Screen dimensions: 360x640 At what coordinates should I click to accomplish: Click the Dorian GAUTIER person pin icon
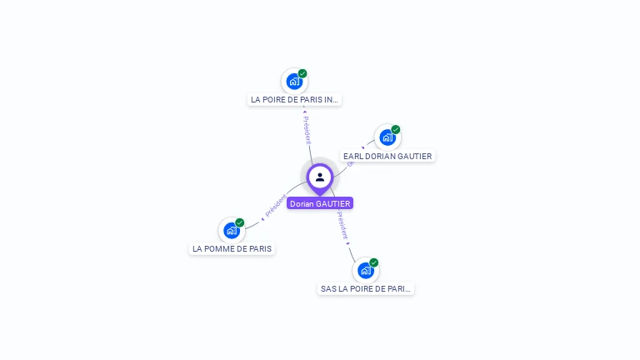tap(320, 177)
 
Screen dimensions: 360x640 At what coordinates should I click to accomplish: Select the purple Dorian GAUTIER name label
tap(320, 203)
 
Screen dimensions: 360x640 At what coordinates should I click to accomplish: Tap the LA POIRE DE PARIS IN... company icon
tap(293, 82)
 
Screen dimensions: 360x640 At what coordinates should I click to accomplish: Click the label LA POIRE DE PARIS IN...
tap(295, 99)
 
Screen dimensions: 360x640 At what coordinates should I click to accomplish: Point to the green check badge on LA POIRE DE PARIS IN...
tap(302, 73)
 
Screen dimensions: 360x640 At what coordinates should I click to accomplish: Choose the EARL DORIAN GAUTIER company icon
tap(387, 137)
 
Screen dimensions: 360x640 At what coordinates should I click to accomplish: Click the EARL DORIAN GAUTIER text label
tap(387, 156)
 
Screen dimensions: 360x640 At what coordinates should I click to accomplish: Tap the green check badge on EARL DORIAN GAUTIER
tap(396, 129)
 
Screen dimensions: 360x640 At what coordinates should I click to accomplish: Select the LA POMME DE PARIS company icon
tap(232, 231)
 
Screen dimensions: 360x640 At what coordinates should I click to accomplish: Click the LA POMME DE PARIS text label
tap(232, 248)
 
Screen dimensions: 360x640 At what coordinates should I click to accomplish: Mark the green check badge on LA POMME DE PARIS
tap(240, 222)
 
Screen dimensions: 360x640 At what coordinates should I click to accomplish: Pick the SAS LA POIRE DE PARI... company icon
tap(365, 271)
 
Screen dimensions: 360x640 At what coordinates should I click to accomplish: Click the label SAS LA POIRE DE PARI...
tap(366, 288)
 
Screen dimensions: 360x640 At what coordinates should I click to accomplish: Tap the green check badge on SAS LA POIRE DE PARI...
tap(374, 262)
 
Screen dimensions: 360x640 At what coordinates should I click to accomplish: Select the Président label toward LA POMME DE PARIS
tap(275, 206)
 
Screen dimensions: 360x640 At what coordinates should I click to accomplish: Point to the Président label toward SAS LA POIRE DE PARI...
tap(342, 225)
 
